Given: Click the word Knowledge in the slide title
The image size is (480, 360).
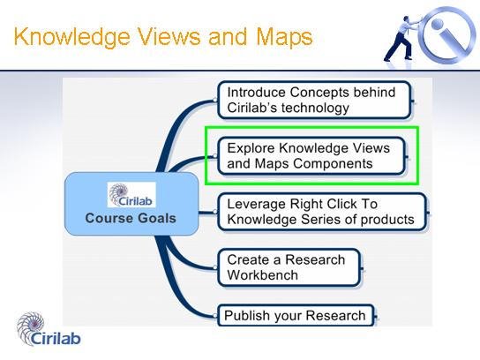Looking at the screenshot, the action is [x=72, y=37].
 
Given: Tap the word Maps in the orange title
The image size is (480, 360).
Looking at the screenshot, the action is [x=284, y=37].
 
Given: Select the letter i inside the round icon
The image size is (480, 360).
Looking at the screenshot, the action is [x=447, y=34].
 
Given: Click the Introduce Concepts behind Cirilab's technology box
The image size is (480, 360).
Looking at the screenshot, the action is [x=314, y=100].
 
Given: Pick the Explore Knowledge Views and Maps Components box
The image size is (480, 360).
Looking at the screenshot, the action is [x=311, y=156].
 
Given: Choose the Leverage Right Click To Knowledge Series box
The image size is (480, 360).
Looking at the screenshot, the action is [x=322, y=212].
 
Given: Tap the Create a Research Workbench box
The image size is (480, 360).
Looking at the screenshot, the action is [x=289, y=267].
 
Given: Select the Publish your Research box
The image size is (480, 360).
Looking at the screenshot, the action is [x=296, y=315].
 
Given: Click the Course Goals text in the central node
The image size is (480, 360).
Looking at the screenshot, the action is [x=131, y=218].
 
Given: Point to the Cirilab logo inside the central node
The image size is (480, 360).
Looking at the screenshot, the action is [x=131, y=195].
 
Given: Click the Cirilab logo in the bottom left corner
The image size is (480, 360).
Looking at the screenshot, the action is [x=49, y=329].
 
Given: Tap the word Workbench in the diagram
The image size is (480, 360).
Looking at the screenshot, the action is [x=263, y=275].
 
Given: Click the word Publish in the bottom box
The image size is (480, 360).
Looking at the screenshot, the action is [x=247, y=316].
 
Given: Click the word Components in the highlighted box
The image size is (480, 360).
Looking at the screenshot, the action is [x=333, y=164].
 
